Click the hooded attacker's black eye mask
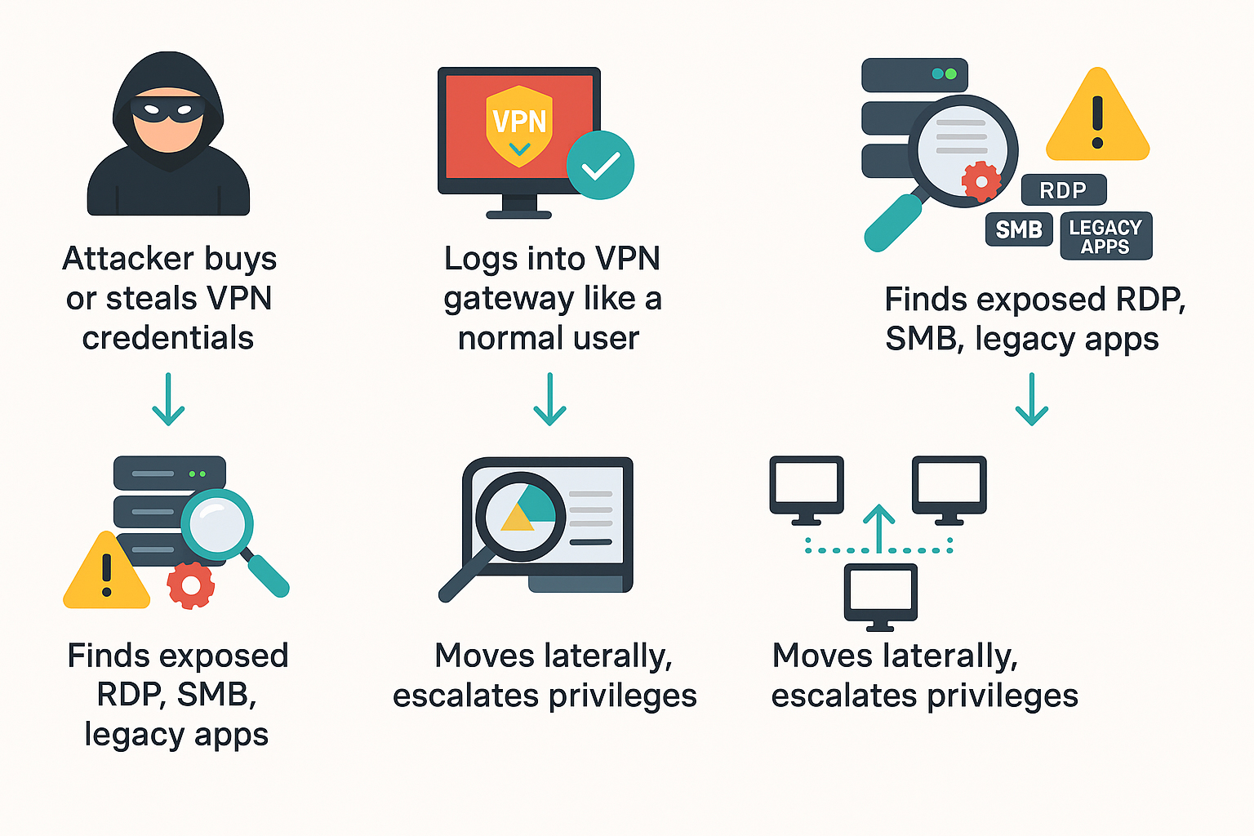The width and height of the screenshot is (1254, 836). pos(168,109)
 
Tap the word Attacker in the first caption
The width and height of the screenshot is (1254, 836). pos(116,259)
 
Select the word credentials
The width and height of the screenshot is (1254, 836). pos(168,338)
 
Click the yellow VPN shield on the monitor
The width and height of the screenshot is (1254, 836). pos(519,125)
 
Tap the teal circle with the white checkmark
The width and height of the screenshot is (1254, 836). pos(600,165)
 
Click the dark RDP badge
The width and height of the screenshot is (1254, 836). pos(1063,190)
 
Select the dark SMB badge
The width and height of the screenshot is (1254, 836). pos(1018,229)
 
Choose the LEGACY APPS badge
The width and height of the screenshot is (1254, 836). pos(1105,237)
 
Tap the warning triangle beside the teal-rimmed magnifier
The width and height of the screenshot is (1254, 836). pos(106,574)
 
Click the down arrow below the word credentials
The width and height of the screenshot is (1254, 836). pos(168,399)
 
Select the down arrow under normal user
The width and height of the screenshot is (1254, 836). pos(549,399)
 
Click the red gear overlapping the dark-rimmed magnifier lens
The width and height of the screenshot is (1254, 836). pos(981,181)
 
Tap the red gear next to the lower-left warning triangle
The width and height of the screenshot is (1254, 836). pos(191,585)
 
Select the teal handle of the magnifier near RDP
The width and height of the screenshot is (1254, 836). pos(892,223)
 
